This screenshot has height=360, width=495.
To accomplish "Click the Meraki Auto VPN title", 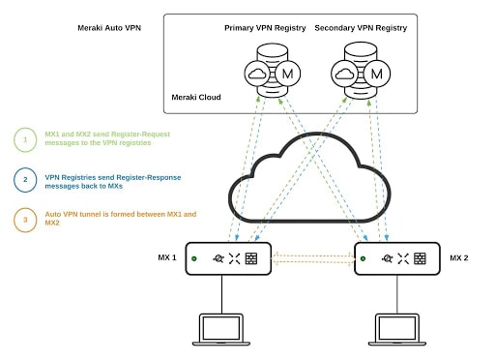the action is [x=109, y=28].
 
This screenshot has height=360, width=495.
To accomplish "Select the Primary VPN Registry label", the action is [x=265, y=28].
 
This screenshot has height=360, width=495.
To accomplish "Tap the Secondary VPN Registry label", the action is [x=361, y=28].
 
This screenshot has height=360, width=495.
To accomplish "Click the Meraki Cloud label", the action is [x=196, y=97].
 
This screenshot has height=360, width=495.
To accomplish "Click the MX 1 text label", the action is [x=167, y=257].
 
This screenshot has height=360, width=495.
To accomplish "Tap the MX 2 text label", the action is [x=459, y=257].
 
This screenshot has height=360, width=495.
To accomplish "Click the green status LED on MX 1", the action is [x=194, y=258].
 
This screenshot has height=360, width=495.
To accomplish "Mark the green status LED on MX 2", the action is [x=363, y=258].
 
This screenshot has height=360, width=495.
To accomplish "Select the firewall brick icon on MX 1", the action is [x=251, y=258].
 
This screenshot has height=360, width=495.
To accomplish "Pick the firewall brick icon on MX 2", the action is [x=420, y=258].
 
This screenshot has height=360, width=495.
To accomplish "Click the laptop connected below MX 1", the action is [x=221, y=329].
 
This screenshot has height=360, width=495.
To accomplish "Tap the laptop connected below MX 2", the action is [x=397, y=329].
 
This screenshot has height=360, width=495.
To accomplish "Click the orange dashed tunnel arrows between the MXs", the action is [x=312, y=259].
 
